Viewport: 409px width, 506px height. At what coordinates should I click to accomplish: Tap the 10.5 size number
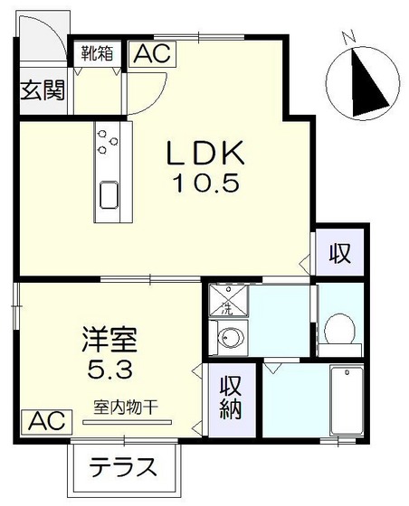click(206, 184)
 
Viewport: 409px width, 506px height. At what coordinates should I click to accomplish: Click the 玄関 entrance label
click(43, 90)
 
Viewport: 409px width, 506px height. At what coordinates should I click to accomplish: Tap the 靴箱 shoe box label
click(95, 52)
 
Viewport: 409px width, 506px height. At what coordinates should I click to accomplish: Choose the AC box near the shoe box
click(151, 53)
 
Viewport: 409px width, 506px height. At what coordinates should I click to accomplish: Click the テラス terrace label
click(124, 469)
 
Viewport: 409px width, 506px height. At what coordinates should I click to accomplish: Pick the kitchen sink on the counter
click(109, 194)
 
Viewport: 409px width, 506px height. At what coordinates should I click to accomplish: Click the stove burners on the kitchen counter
click(109, 141)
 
